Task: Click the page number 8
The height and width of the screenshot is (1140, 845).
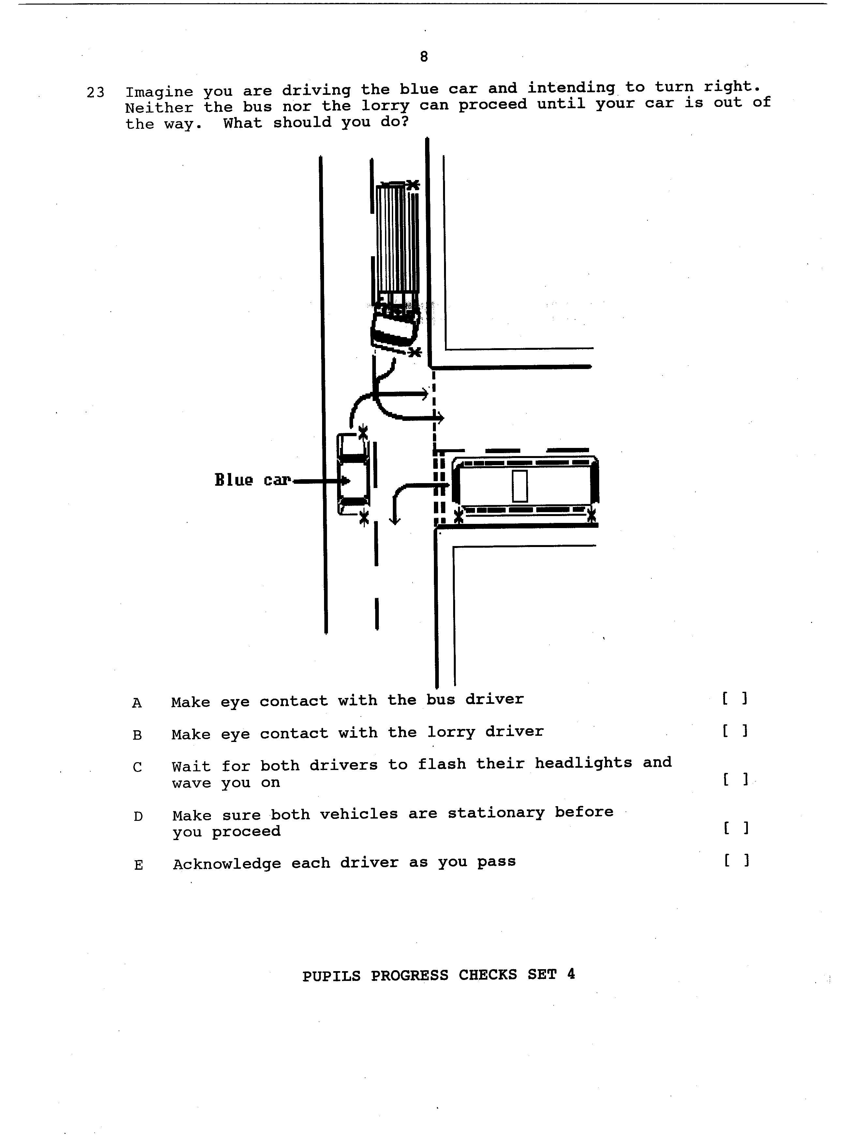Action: tap(423, 57)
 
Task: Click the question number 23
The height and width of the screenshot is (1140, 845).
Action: tap(96, 93)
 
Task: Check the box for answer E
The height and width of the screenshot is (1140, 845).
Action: tap(736, 861)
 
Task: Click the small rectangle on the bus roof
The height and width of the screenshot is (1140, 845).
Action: tap(520, 486)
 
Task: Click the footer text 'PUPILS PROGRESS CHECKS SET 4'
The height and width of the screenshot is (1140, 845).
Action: tap(438, 975)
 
